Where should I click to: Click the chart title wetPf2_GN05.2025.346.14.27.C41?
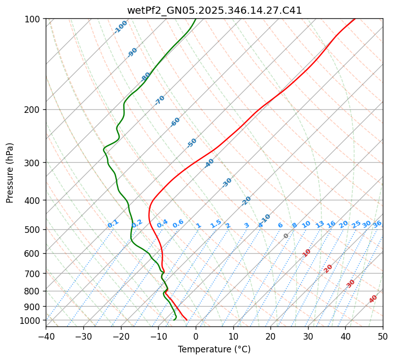[x=214, y=10]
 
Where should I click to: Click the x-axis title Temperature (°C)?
[x=214, y=349]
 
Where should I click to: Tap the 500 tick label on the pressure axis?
[x=34, y=230]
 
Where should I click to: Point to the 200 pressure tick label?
[x=34, y=110]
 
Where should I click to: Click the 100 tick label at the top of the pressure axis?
[x=34, y=19]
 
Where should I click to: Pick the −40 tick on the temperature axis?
[x=46, y=336]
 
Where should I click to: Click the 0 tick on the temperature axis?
[x=196, y=336]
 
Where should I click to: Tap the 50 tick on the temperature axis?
[x=383, y=336]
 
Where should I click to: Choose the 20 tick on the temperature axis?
[x=270, y=336]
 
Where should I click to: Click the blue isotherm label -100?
[x=121, y=27]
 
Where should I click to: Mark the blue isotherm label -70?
[x=160, y=100]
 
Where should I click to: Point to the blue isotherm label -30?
[x=227, y=183]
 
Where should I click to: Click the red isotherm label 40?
[x=373, y=299]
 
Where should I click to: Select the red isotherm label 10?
[x=307, y=253]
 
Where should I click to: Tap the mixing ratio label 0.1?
[x=113, y=223]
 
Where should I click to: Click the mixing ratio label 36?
[x=377, y=224]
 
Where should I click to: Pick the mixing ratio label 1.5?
[x=216, y=223]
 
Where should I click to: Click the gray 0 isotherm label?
[x=286, y=236]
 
